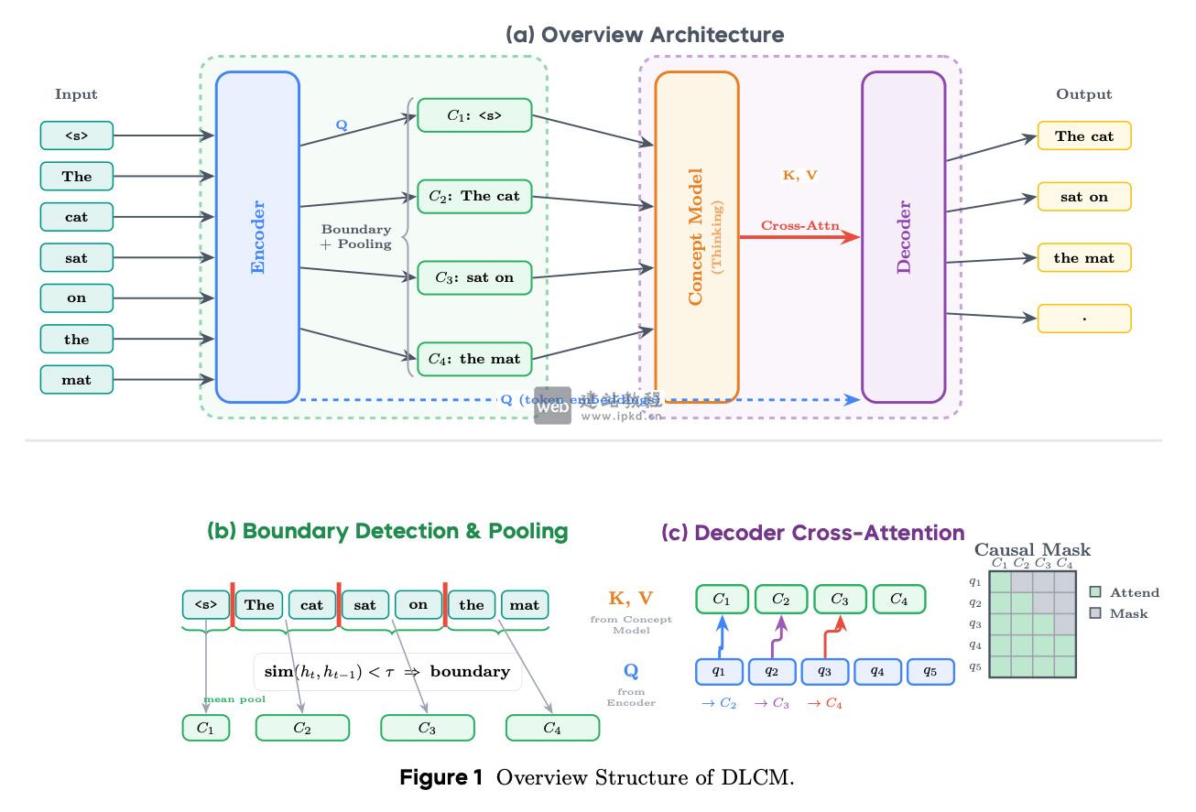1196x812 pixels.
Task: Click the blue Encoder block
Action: [x=257, y=236]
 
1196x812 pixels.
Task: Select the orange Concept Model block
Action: [x=696, y=236]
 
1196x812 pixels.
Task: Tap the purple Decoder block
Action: [x=903, y=236]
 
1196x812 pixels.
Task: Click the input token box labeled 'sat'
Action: [x=77, y=257]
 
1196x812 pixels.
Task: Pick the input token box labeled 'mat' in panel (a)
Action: [x=77, y=379]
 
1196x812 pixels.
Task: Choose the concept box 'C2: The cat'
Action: [x=474, y=196]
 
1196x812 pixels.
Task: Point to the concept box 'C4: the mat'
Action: [x=474, y=359]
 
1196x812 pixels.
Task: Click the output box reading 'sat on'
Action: [x=1084, y=197]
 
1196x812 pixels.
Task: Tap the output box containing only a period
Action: [x=1084, y=319]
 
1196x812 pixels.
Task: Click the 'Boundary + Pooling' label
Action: [x=356, y=237]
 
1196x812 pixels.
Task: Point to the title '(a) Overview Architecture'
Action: [x=645, y=35]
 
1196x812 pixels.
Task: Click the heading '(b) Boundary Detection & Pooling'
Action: [x=387, y=531]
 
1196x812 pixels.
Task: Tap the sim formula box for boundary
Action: [x=386, y=672]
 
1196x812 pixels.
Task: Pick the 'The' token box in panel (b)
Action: [x=259, y=605]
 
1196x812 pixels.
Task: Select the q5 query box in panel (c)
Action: [x=930, y=672]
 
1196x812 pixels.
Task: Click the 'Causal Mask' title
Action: [x=1032, y=550]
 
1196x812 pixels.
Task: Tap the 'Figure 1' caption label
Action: [x=440, y=779]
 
